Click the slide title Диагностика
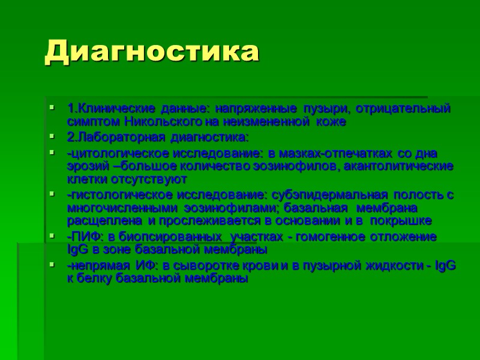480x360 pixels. [x=152, y=52]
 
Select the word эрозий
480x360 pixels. [x=85, y=166]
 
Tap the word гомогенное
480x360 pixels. [x=326, y=236]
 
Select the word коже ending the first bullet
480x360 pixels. [x=333, y=121]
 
